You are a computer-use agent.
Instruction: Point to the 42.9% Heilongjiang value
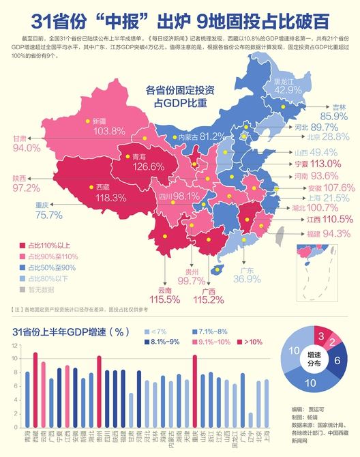pyautogui.click(x=288, y=90)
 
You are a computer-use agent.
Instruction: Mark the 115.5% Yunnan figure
pyautogui.click(x=163, y=299)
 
